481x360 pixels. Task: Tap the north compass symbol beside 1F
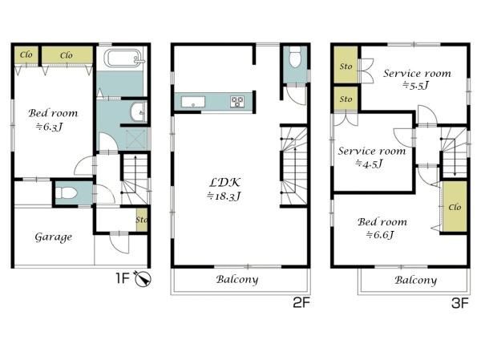point(143,279)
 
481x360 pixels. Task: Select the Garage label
point(54,237)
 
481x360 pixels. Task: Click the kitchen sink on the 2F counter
point(193,102)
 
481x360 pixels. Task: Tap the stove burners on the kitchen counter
point(237,102)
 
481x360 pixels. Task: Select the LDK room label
point(224,183)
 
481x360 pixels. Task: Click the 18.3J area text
point(224,196)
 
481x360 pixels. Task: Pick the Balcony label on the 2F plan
point(237,279)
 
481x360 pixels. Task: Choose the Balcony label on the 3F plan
point(415,280)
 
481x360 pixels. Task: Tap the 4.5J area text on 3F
point(370,164)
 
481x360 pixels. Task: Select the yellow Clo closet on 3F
point(455,207)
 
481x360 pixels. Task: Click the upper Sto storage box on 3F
point(346,65)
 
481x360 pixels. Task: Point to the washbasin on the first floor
point(138,112)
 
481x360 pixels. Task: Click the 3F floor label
point(460,304)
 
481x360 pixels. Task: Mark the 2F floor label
point(301,303)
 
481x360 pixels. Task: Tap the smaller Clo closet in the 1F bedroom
point(26,55)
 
